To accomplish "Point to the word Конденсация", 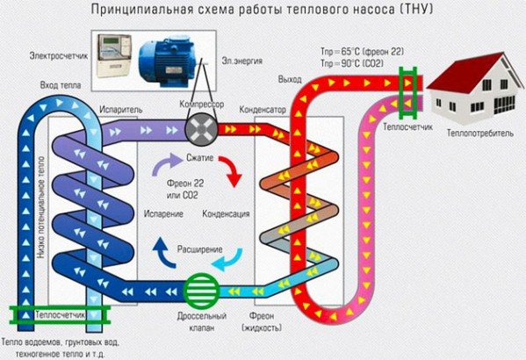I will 226,214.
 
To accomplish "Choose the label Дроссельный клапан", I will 207,321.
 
